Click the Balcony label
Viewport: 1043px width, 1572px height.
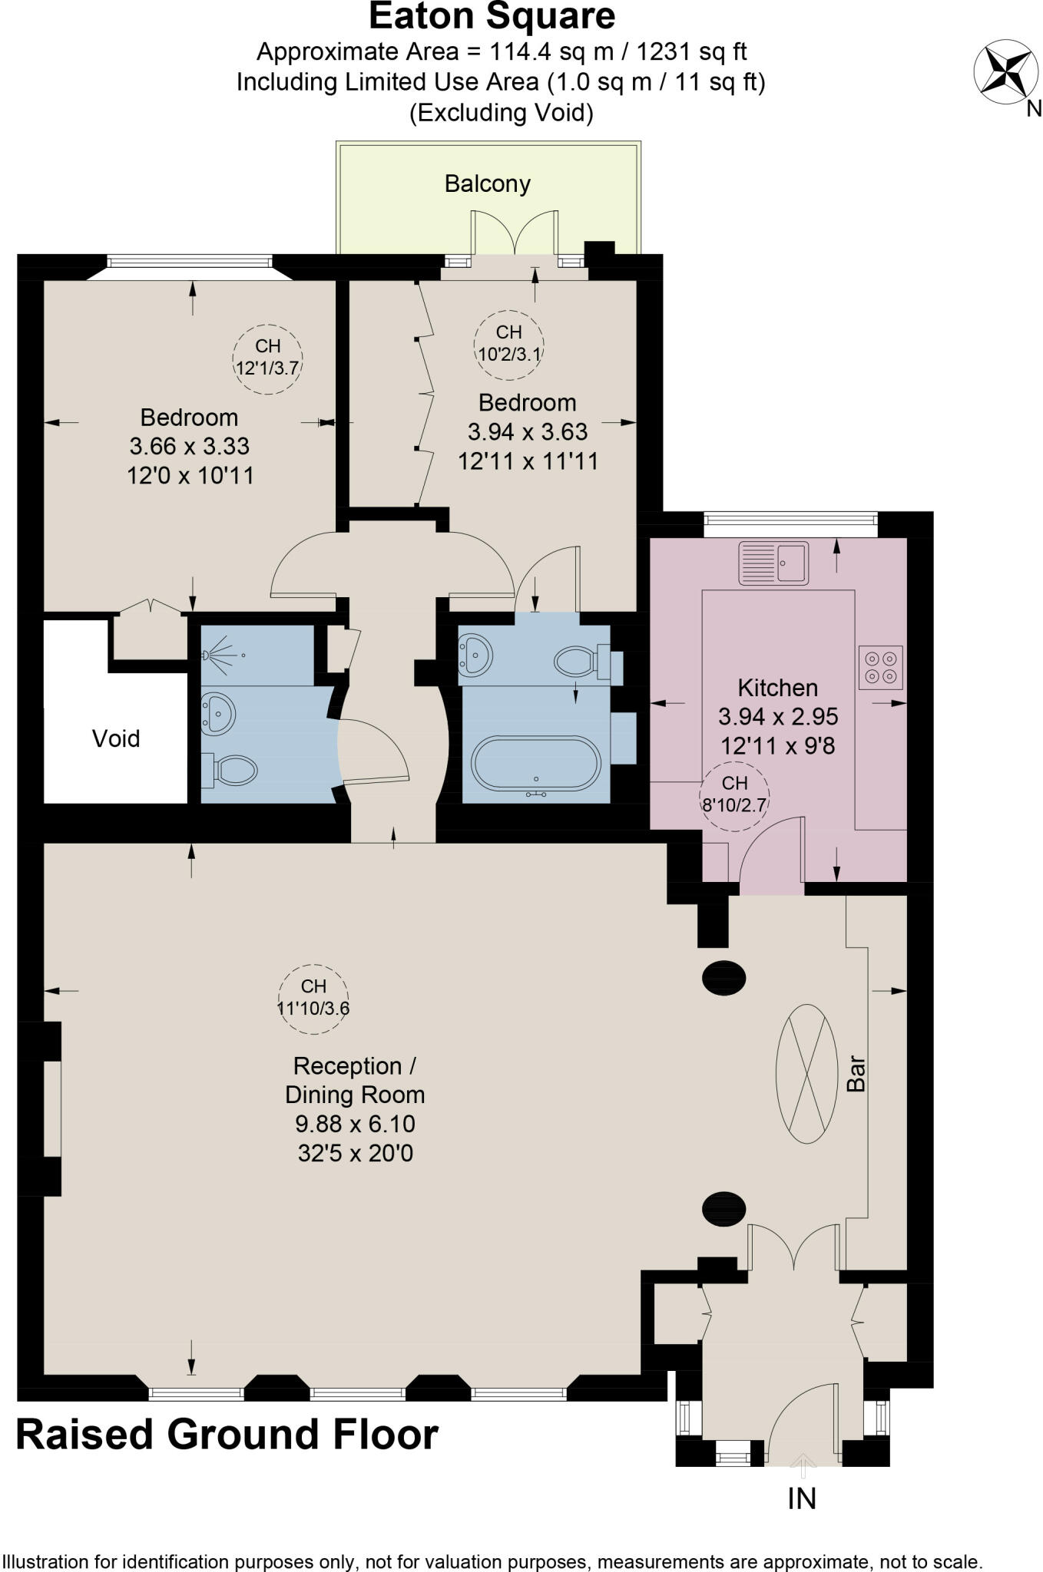[488, 184]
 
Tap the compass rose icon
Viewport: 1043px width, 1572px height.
[1000, 73]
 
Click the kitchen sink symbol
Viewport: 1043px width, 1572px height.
[773, 563]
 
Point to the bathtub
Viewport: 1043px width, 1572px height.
[536, 764]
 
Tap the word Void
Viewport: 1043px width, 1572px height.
[116, 738]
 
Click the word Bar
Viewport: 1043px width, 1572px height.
[856, 1074]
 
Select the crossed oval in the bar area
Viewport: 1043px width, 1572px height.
[806, 1074]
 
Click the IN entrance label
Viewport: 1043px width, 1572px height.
[802, 1498]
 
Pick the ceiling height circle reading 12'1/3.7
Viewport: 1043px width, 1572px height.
[267, 358]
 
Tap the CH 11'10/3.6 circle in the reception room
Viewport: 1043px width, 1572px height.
[313, 998]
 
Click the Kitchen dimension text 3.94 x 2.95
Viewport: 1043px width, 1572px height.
[777, 717]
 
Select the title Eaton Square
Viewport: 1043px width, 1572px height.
[492, 17]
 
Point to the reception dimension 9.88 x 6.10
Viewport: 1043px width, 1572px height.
[355, 1124]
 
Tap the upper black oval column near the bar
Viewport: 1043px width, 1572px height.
[723, 979]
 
